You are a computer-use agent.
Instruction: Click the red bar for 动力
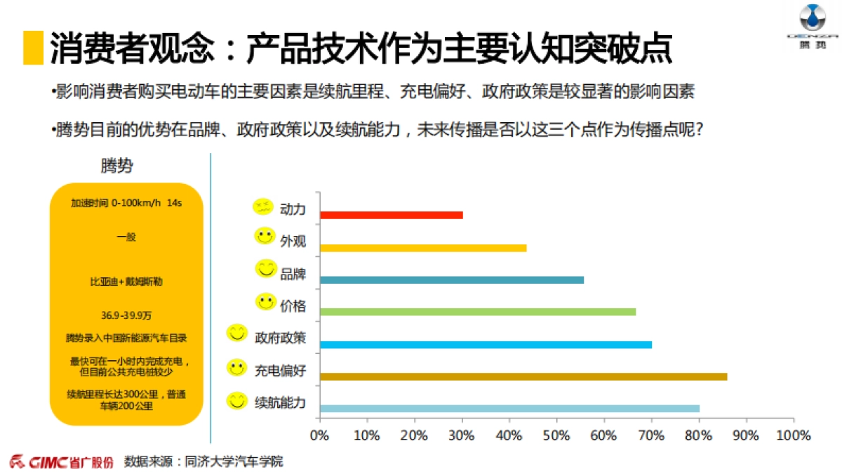tap(391, 215)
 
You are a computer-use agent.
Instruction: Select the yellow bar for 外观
tap(422, 247)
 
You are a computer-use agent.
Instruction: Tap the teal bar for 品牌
tap(451, 279)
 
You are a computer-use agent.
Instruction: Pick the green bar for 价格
tap(477, 312)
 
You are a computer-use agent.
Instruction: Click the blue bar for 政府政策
tap(486, 344)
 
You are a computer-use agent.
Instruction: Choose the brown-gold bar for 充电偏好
tap(523, 376)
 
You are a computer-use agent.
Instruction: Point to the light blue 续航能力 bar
tap(509, 409)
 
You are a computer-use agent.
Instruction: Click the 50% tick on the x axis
tap(556, 435)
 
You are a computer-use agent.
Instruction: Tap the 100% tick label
tap(793, 435)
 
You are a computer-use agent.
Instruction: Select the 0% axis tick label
tap(319, 435)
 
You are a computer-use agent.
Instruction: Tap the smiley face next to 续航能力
tap(237, 401)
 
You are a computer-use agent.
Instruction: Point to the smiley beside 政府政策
tap(237, 333)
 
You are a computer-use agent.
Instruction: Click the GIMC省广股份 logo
tap(61, 462)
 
